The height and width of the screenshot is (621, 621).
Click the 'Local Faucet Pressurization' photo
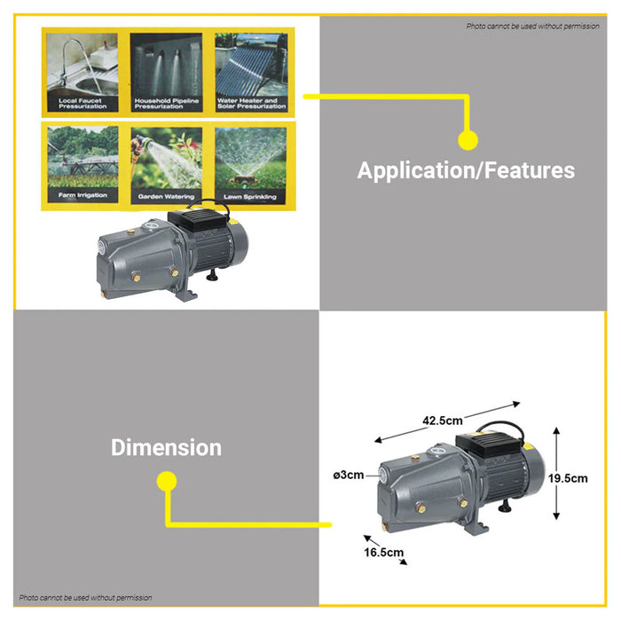coord(83,72)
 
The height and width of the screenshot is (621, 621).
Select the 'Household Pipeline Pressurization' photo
coord(167,72)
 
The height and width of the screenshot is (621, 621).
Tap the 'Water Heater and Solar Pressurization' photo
coord(251,72)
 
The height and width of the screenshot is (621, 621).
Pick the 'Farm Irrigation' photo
coord(83,164)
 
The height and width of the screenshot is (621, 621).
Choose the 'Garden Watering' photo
coord(167,166)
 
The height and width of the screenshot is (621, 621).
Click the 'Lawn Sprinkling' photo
coord(250,166)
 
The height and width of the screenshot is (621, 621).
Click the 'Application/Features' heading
coord(466,170)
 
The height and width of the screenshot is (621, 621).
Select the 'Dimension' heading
coord(167,447)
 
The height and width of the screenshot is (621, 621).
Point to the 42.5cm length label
coord(443,421)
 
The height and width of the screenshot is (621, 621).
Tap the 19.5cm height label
coord(568,478)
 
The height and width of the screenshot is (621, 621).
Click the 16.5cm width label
coord(384,552)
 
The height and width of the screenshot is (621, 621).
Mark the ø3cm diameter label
coord(349,475)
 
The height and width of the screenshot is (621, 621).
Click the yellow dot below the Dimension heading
coord(167,481)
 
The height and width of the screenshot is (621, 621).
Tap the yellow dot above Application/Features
coord(468,140)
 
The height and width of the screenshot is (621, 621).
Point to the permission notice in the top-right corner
coord(532,26)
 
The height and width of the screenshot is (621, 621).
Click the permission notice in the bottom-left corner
coord(85,598)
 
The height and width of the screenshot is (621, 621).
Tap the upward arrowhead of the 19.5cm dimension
coord(556,431)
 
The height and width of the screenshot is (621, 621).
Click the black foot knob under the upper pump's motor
coord(213,275)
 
